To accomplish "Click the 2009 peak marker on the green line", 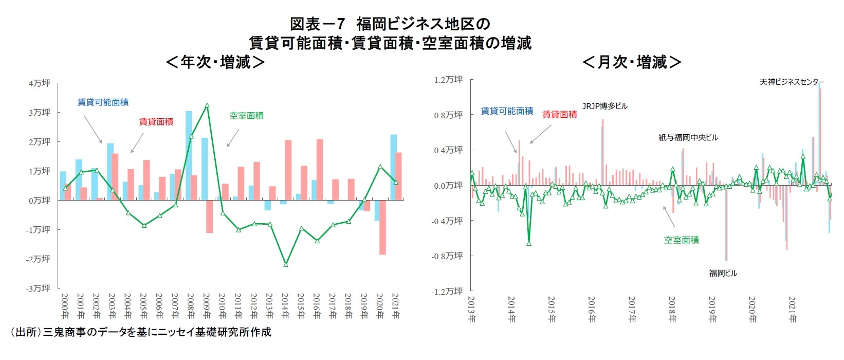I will [207, 105].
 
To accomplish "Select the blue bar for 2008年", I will [189, 154].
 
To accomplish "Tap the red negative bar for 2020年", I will [382, 227].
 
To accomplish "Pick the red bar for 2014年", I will [288, 170].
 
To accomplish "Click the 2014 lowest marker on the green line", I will [286, 264].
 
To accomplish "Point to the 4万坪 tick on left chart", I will [40, 83].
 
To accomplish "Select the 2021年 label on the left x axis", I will [395, 307].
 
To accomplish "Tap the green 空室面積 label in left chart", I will [246, 116].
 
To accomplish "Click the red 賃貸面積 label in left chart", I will [156, 121].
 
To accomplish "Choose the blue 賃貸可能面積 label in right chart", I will [507, 111].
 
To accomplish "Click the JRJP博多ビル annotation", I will [604, 106].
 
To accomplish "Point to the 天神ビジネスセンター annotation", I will [792, 82].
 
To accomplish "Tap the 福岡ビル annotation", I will [723, 273].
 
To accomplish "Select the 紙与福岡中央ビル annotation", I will [688, 137].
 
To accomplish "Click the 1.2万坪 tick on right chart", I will [449, 80].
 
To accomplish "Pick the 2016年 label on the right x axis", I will [592, 309].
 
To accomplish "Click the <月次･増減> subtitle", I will [632, 62].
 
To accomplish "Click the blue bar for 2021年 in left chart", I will [393, 167].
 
